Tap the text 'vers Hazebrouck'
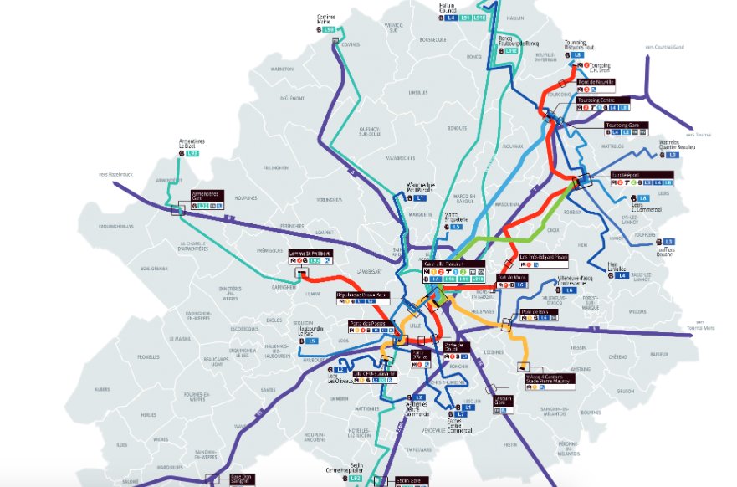(x=116, y=175)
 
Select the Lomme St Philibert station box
(x=310, y=253)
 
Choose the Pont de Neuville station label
(x=596, y=82)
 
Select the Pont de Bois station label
(x=533, y=311)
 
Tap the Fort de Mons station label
(x=512, y=277)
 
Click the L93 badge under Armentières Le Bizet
(x=192, y=154)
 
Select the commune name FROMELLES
(x=149, y=356)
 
